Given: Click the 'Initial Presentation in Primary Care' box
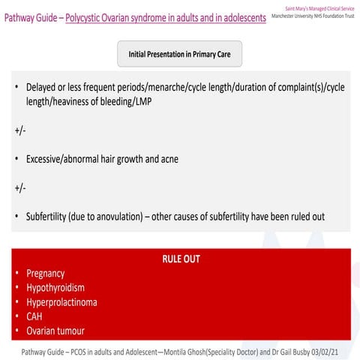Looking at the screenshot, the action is (179, 54).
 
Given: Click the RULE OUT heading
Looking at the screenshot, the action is (181, 259).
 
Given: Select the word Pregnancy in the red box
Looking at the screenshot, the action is (46, 274).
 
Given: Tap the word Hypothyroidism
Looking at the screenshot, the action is (55, 288).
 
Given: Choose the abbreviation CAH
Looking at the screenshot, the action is (35, 316).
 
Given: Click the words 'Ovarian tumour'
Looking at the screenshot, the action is (55, 331).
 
